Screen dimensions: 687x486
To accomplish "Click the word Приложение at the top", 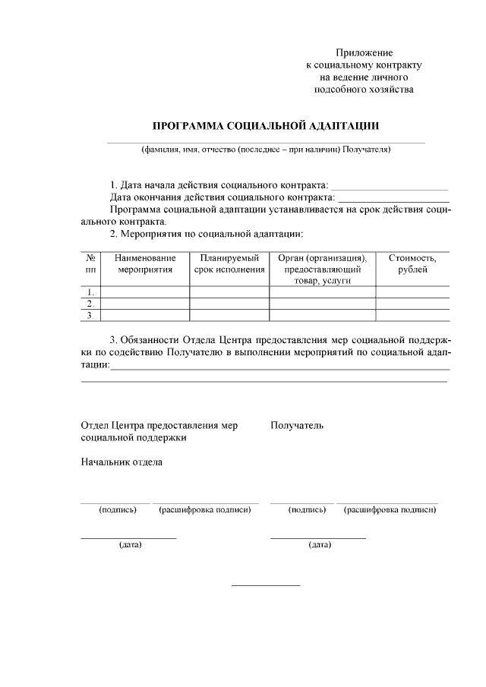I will click(x=364, y=52).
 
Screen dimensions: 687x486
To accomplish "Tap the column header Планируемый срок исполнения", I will click(x=229, y=264).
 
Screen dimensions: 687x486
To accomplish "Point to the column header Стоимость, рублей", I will click(x=412, y=264).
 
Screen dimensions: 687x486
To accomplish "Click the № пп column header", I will click(x=90, y=264).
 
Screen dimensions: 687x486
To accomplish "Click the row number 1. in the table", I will click(x=90, y=292).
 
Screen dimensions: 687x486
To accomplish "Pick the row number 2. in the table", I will click(x=90, y=304).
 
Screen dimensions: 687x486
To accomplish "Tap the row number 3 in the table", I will click(x=90, y=315).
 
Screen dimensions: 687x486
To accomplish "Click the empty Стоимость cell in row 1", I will click(x=412, y=292).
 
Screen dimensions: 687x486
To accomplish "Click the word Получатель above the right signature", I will click(x=297, y=425).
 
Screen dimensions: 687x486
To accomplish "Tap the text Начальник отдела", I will click(x=121, y=462).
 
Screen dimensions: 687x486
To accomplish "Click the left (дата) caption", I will click(x=129, y=544).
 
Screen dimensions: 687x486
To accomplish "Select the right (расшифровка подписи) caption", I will click(x=390, y=509).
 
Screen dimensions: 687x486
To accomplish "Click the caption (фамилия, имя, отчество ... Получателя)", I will click(x=266, y=150).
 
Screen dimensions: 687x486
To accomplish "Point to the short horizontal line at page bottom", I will click(x=266, y=585).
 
